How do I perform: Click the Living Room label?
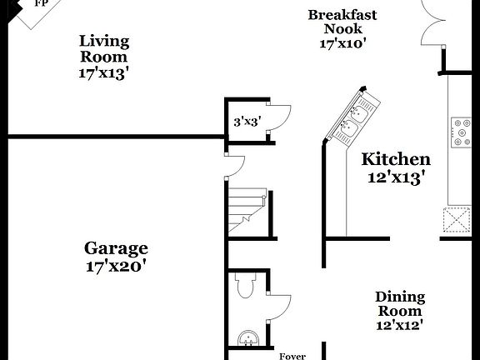pyautogui.click(x=104, y=48)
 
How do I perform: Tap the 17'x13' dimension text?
pyautogui.click(x=104, y=73)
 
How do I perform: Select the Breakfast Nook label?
pyautogui.click(x=342, y=22)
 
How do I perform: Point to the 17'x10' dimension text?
pyautogui.click(x=342, y=43)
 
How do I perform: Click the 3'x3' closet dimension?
pyautogui.click(x=247, y=122)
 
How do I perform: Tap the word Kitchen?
pyautogui.click(x=396, y=159)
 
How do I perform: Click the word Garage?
pyautogui.click(x=116, y=248)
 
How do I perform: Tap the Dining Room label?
pyautogui.click(x=400, y=303)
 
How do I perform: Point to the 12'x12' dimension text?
pyautogui.click(x=400, y=326)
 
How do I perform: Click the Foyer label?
pyautogui.click(x=292, y=357)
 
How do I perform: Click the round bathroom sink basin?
pyautogui.click(x=247, y=340)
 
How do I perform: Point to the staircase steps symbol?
pyautogui.click(x=247, y=208)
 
